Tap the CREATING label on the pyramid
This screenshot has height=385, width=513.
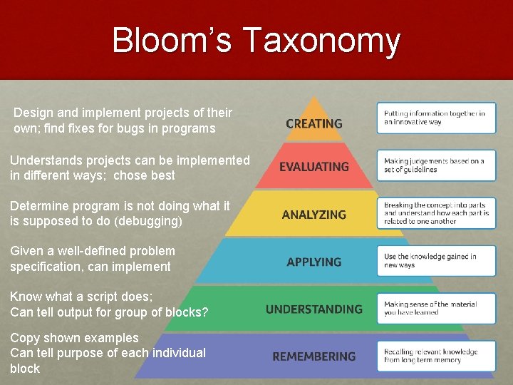click(314, 123)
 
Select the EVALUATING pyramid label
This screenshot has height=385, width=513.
click(314, 167)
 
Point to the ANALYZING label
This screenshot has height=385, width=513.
click(314, 215)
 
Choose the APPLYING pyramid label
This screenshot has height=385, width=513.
click(314, 262)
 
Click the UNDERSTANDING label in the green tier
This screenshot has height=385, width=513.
click(314, 309)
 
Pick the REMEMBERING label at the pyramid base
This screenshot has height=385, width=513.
click(314, 356)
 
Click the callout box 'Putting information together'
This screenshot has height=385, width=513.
click(436, 118)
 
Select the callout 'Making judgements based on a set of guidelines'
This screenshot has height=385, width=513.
click(436, 165)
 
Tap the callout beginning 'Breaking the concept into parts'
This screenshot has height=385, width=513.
click(436, 213)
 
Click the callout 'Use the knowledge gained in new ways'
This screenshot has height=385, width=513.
click(436, 261)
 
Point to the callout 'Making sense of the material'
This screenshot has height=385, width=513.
click(436, 308)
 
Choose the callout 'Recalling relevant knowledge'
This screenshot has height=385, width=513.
click(436, 356)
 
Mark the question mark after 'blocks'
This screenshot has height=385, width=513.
click(205, 312)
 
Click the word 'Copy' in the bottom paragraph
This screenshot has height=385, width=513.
click(24, 337)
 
